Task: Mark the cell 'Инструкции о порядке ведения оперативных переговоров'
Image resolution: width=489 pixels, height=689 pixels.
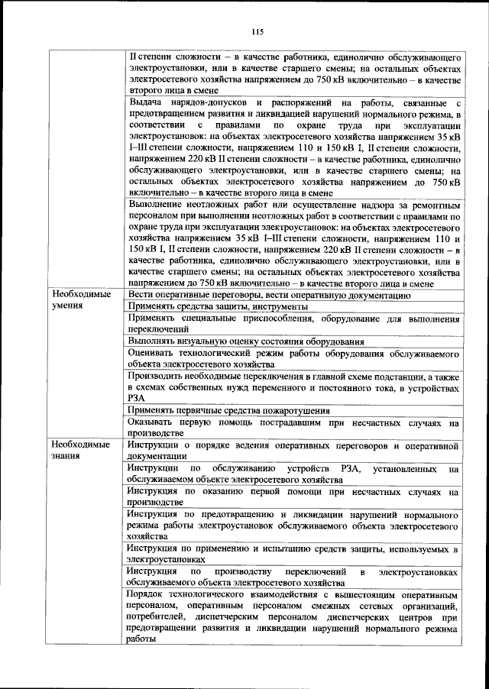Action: [x=293, y=449]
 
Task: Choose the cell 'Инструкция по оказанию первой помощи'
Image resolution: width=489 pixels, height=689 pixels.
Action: [x=293, y=498]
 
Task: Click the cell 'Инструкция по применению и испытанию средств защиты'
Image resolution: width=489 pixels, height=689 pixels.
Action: [x=293, y=554]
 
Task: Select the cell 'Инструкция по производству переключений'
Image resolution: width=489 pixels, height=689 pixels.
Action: [x=293, y=577]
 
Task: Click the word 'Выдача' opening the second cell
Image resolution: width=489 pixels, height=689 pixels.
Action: [x=144, y=102]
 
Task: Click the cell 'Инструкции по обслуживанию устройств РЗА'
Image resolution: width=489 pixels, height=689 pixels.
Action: [x=293, y=474]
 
